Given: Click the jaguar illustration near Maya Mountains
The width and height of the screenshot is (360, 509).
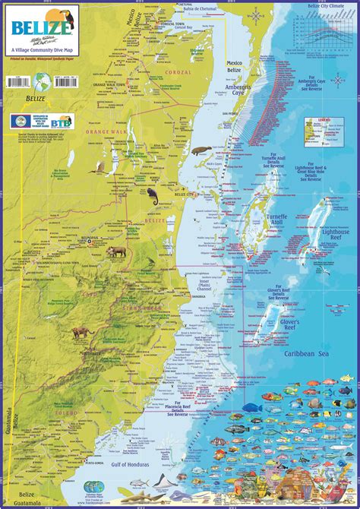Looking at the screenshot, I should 82,332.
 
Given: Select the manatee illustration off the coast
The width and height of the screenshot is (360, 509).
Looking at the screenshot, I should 200,150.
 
